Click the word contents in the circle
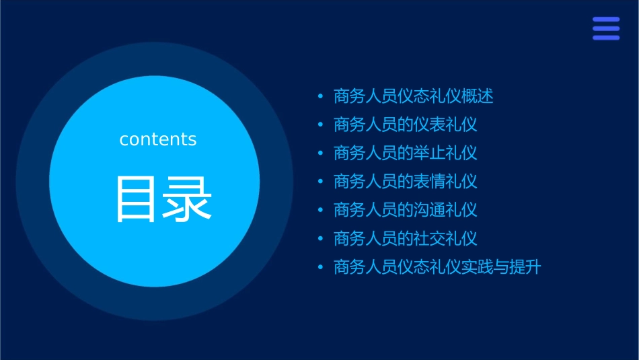point(158,139)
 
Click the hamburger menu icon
point(606,29)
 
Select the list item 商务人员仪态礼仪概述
point(414,96)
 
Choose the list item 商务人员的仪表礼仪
point(406,124)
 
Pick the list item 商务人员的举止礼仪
point(406,153)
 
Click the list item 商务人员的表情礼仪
point(406,181)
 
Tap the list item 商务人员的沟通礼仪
point(406,210)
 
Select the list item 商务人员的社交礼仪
point(406,238)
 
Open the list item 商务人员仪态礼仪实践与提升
point(437,267)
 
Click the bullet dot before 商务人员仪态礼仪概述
point(321,96)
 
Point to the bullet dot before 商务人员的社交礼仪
point(321,239)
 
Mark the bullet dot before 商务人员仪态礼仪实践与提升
point(321,267)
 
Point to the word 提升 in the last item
point(525,267)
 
